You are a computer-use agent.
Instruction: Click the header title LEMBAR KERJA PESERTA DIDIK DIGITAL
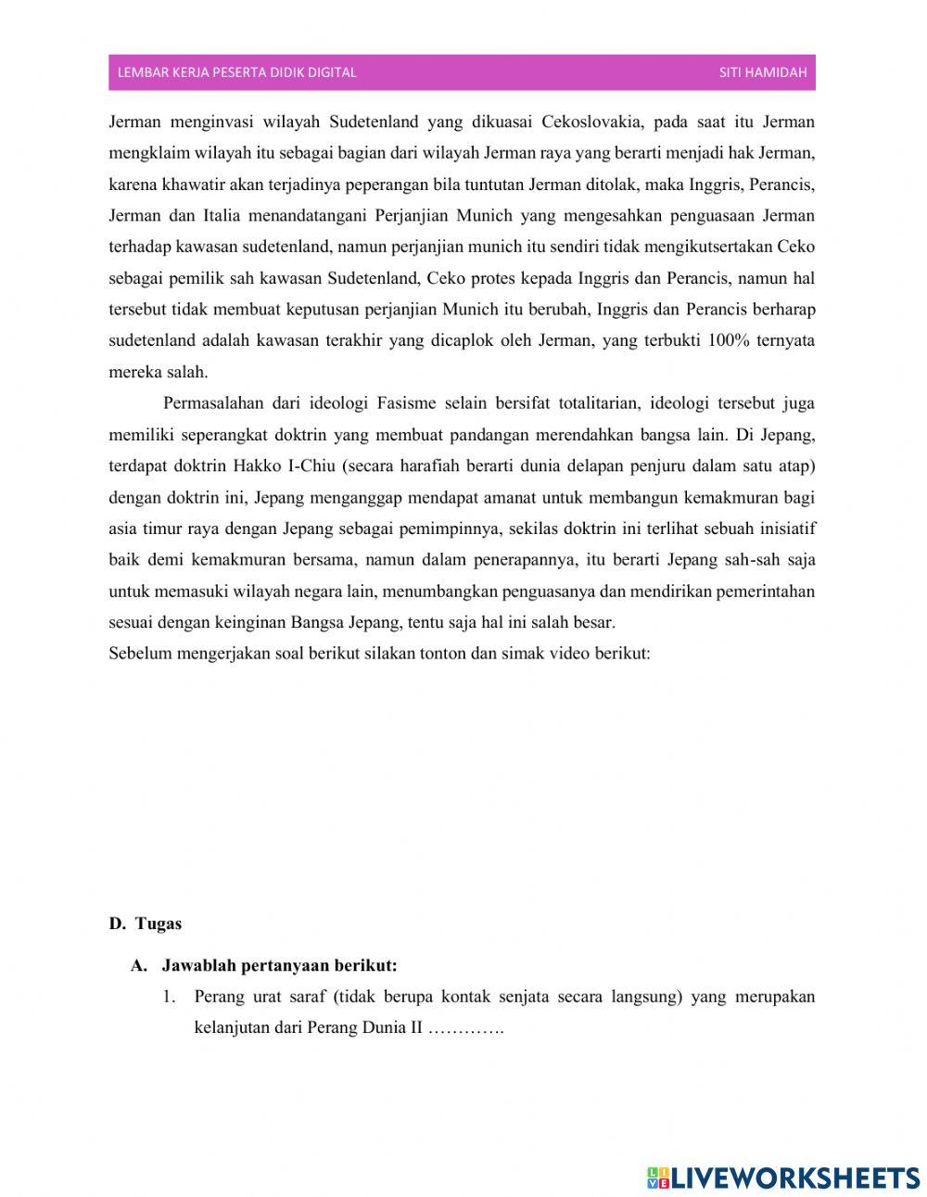pos(237,72)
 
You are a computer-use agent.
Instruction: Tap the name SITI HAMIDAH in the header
pos(763,72)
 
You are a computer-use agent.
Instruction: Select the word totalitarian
pos(599,403)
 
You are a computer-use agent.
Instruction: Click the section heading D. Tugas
pos(146,923)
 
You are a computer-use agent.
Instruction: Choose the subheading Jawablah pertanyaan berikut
pos(279,966)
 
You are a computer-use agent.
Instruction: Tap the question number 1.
pos(169,998)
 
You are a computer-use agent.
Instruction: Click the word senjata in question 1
pos(526,998)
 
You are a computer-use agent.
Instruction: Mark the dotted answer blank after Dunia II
pos(465,1029)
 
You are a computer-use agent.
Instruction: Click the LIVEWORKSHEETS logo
pos(783,1178)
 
